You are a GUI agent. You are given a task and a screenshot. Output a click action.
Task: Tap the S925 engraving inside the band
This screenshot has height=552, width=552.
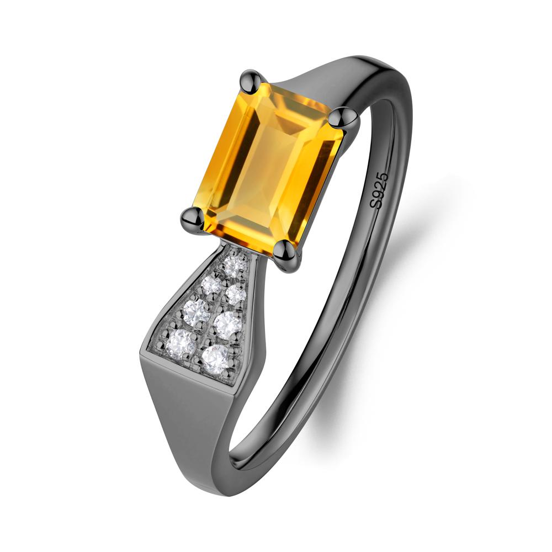(379, 190)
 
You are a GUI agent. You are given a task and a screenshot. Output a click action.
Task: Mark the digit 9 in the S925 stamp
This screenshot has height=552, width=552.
(378, 195)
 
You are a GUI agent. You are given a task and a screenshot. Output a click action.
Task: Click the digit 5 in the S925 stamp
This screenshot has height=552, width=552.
(383, 177)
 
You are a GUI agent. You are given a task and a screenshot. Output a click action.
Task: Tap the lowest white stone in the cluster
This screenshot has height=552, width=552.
(215, 359)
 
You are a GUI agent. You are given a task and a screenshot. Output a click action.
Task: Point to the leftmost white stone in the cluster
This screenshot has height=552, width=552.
(182, 342)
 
